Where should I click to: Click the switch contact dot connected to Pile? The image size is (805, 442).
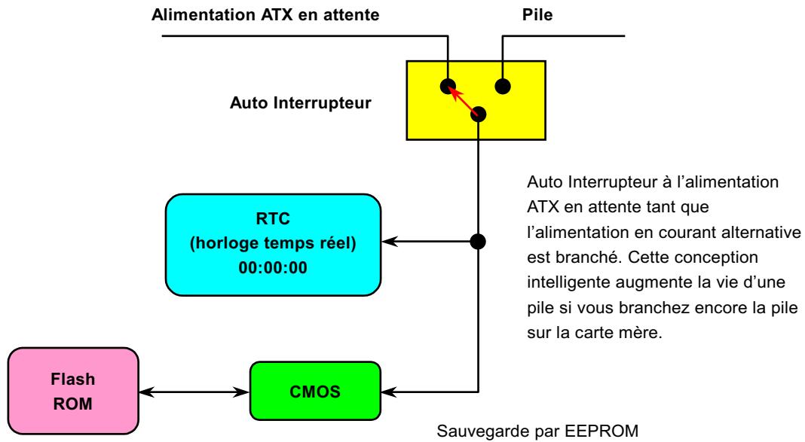coord(503,85)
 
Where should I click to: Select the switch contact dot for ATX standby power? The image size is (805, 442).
coord(448,85)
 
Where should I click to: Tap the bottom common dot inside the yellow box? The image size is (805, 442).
coord(479,114)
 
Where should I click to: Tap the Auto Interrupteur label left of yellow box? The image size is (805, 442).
coord(300,103)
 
